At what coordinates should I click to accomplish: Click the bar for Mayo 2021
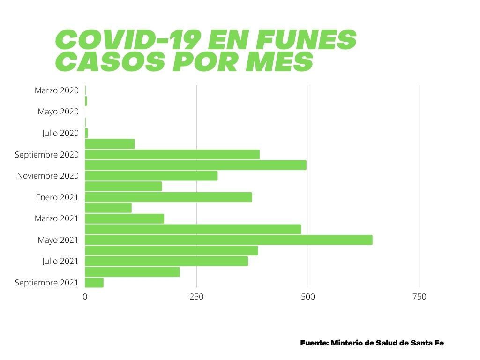228,240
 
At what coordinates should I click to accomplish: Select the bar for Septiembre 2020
172,155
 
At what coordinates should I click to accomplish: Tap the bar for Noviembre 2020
151,176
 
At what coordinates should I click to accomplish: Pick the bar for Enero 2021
168,197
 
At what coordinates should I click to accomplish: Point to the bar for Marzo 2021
124,218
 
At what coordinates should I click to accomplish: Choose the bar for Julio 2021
166,261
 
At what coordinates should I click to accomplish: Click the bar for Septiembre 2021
94,283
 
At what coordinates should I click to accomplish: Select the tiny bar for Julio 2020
86,133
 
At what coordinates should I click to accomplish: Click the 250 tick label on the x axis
196,297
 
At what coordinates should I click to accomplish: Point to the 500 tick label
307,297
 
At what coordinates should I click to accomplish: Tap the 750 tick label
419,297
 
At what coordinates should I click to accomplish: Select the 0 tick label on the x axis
85,297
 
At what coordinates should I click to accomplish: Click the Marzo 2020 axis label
56,90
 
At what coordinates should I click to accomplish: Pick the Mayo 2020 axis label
58,112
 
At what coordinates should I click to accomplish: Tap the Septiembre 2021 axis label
46,283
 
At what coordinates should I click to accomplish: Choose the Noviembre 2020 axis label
48,176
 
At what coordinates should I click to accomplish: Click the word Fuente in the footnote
314,343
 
